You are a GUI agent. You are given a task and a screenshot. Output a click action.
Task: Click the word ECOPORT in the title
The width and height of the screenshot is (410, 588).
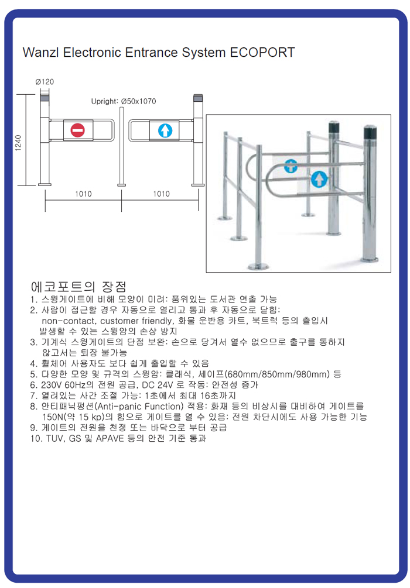(262, 53)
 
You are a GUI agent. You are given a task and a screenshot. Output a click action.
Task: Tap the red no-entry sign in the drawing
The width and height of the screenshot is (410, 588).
(78, 130)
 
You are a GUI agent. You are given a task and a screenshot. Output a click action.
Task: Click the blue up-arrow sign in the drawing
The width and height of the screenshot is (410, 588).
(165, 130)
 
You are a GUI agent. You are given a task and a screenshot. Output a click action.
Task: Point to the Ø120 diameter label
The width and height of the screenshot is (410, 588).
(45, 82)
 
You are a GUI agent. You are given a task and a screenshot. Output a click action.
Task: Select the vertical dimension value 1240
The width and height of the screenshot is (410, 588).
(18, 143)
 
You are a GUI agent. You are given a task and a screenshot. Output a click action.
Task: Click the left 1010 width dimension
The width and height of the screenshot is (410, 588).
(83, 194)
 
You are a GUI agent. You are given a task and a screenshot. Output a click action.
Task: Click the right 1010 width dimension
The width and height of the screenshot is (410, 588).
(162, 194)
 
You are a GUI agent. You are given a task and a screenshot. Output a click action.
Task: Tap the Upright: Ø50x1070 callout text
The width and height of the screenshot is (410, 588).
(124, 101)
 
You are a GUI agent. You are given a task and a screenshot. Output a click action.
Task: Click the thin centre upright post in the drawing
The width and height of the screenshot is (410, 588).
(121, 146)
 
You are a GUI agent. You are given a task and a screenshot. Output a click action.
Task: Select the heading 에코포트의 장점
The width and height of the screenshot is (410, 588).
(78, 287)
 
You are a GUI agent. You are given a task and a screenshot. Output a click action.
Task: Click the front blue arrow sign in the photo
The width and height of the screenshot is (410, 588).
(319, 179)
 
